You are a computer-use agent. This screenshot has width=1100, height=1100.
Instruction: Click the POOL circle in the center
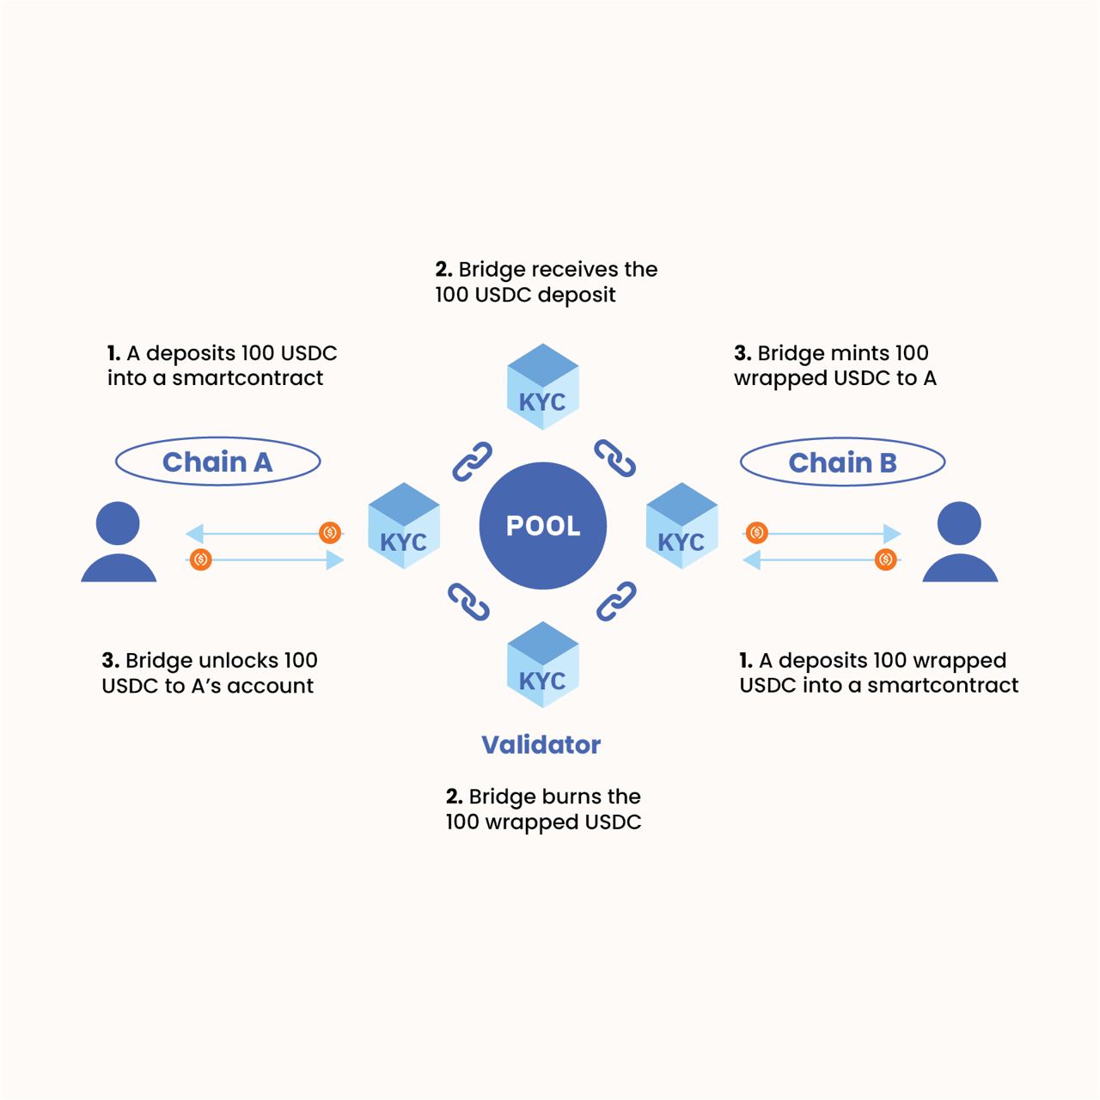pos(542,525)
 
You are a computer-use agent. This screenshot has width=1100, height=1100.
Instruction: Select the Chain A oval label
pos(217,462)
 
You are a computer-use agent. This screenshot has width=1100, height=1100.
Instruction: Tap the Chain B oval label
pos(842,462)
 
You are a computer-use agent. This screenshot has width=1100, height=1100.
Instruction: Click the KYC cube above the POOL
pos(542,388)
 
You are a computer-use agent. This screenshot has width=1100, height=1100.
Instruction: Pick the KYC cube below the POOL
pos(542,665)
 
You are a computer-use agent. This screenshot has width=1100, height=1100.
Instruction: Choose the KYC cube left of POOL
pos(404,527)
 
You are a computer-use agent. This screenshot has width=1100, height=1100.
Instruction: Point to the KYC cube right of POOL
pos(681,527)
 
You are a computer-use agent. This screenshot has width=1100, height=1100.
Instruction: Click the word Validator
pos(541,744)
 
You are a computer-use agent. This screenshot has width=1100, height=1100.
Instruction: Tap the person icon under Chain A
pos(119,543)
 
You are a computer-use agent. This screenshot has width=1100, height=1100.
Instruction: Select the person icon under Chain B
pos(959,543)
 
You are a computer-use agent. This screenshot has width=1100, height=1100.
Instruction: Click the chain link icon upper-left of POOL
pos(472,461)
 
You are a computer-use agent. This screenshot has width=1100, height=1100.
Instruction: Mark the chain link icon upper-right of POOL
pos(615,459)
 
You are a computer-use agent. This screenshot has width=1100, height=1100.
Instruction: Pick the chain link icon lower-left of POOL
pos(469,602)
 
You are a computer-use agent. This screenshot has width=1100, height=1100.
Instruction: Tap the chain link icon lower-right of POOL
pos(616,601)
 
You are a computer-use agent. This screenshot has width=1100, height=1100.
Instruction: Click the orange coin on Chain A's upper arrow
pos(329,533)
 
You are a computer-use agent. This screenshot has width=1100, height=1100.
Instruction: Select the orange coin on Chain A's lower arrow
pos(200,559)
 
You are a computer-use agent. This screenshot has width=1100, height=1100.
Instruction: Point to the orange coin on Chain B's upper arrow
pos(756,533)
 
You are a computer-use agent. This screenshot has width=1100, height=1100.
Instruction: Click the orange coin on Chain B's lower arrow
pos(885,559)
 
